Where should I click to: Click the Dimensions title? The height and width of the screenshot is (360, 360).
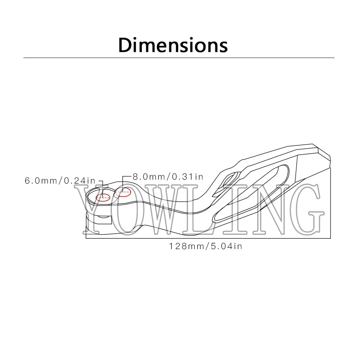coord(173,45)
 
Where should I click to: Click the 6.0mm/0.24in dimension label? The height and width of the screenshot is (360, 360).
coord(60,181)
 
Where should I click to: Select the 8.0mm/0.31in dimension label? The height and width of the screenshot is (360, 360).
coord(168,177)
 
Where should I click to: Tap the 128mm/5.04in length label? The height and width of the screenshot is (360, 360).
coord(206,246)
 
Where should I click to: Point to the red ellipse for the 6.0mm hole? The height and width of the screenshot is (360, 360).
coord(103,197)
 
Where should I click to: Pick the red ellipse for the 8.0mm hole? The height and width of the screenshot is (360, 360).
coord(123,192)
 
